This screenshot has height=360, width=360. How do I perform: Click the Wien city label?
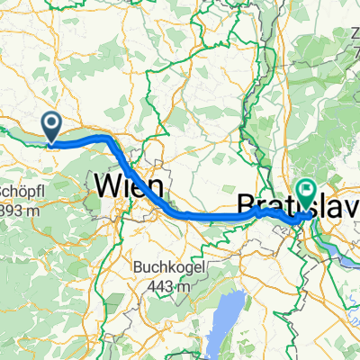tap(129, 187)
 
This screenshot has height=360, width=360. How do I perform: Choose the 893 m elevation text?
tap(18, 209)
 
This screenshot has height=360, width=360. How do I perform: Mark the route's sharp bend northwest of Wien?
tap(111, 139)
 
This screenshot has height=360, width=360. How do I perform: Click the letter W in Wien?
tap(106, 187)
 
